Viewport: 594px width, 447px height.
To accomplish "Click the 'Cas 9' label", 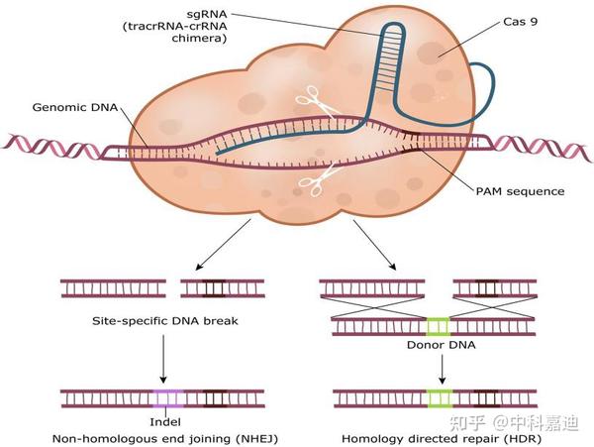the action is tap(520, 22).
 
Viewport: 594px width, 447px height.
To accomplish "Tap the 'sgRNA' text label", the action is tap(207, 14).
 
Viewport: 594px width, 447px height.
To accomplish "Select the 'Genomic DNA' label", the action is tap(75, 107).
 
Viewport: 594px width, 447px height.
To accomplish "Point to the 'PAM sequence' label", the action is tap(520, 191).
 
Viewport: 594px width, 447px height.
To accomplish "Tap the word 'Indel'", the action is tap(165, 421).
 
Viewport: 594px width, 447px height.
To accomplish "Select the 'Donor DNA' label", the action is tap(441, 345).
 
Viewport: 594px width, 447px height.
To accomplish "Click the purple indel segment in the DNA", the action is tap(168, 398).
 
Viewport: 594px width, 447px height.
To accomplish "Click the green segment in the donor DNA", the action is tap(439, 327).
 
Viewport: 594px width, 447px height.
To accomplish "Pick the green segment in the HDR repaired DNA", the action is tap(441, 398).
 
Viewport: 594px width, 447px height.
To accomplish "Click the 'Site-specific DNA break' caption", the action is tap(165, 321).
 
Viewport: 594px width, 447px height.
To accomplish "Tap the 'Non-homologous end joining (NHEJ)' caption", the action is tap(165, 439).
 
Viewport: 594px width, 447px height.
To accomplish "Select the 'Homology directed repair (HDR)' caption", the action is tap(442, 439).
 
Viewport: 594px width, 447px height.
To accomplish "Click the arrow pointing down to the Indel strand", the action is tap(163, 359).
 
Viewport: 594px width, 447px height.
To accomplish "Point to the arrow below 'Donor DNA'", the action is tap(442, 370).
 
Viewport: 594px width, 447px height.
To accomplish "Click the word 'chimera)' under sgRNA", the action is tap(199, 39).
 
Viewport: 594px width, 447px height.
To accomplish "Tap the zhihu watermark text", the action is tap(514, 423).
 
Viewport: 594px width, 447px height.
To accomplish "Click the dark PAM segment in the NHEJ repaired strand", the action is tap(215, 398).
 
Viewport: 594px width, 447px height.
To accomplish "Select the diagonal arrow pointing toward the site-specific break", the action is tap(223, 245).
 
